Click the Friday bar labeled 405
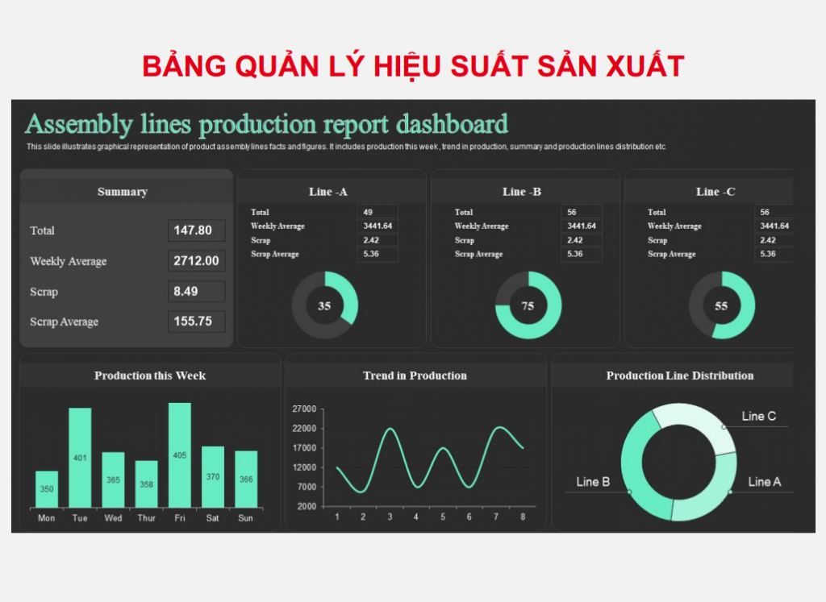click(x=180, y=455)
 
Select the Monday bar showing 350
click(x=47, y=489)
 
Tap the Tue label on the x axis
click(x=80, y=518)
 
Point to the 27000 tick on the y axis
click(x=304, y=409)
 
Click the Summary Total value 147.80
click(x=193, y=230)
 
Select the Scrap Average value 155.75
click(x=193, y=322)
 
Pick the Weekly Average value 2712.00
click(x=196, y=261)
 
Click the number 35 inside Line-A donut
click(x=324, y=305)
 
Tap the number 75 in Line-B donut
click(x=528, y=305)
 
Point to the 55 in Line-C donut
click(x=721, y=305)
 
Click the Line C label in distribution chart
click(x=758, y=417)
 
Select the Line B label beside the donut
click(x=593, y=482)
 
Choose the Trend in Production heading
click(x=415, y=376)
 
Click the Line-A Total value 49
click(x=368, y=212)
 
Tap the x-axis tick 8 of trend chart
click(x=523, y=517)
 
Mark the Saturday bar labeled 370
click(x=213, y=477)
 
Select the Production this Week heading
click(x=150, y=376)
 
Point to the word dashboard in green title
click(x=452, y=124)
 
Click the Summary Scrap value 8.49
click(x=186, y=292)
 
